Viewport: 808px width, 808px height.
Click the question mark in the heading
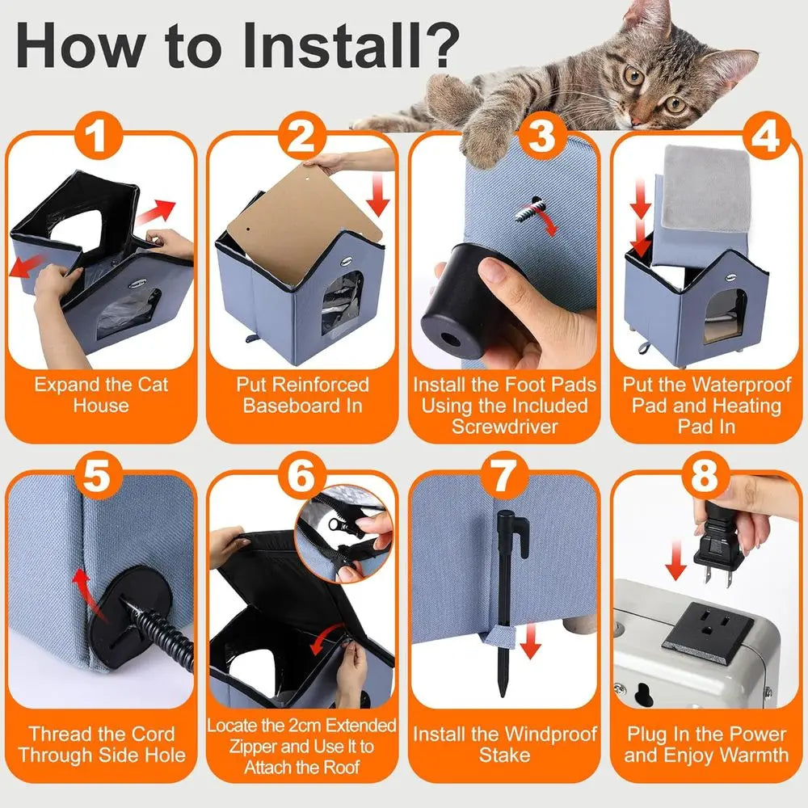(x=440, y=45)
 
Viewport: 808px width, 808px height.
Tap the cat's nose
(x=639, y=120)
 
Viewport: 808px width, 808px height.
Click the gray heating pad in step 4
(x=706, y=188)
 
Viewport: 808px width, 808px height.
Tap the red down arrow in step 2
(x=379, y=195)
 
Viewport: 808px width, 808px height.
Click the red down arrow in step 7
(x=530, y=641)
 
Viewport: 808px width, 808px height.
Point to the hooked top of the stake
(x=513, y=531)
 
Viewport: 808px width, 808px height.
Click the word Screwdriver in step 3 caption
(x=505, y=427)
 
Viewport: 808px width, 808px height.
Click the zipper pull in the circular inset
(x=338, y=526)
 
